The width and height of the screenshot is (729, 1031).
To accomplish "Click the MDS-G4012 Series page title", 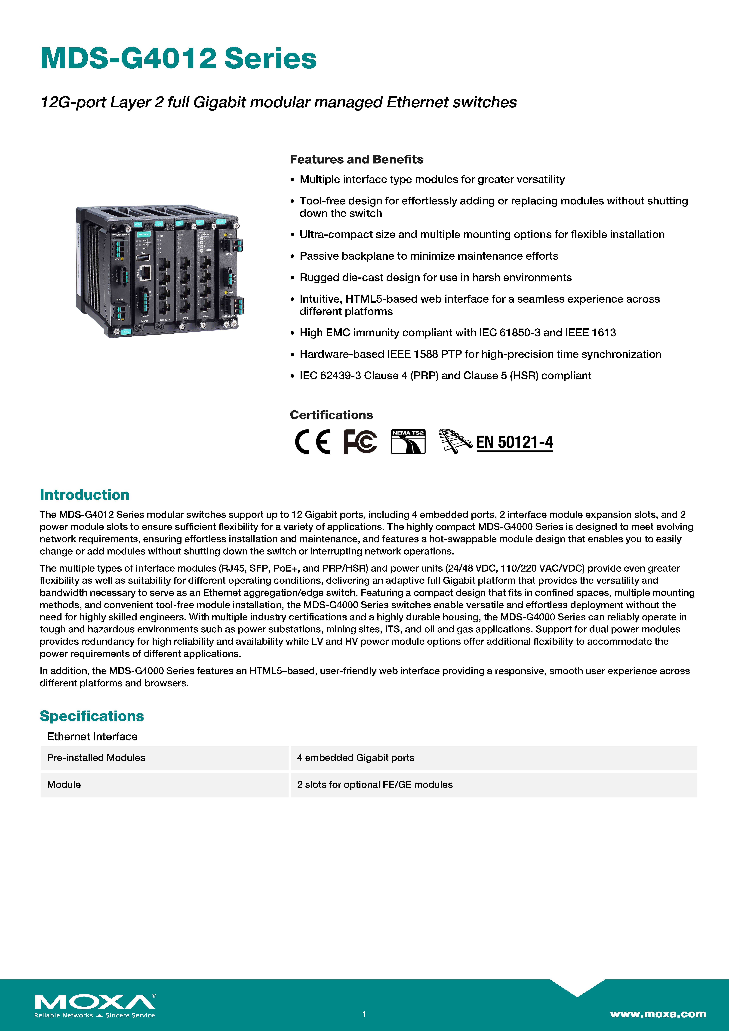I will click(178, 59).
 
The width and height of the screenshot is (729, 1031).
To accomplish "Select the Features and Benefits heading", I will click(356, 159).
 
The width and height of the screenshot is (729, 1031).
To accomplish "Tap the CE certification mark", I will click(312, 442).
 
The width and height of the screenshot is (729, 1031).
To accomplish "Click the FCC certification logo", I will click(360, 442).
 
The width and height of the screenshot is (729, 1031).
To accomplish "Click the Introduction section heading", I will click(84, 494).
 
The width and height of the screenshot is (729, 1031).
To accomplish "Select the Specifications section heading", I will click(92, 716).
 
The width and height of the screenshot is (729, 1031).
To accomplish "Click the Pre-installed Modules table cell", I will click(96, 757).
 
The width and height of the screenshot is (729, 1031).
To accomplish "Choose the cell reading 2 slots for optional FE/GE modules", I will click(375, 785).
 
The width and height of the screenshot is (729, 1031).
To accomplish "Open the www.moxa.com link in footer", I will click(658, 1013).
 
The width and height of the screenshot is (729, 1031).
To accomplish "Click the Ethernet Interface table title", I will click(92, 736).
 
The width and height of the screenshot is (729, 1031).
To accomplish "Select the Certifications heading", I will click(331, 415).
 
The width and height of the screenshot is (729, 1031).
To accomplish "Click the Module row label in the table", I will click(64, 785).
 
